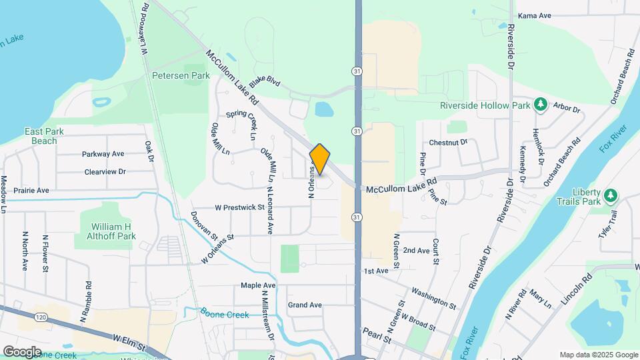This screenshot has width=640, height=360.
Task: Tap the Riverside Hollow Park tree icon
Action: (541, 105)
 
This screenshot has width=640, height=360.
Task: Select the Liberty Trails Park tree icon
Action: (611, 195)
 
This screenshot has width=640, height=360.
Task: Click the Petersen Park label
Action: (181, 75)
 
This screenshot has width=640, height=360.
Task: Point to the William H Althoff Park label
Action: (111, 231)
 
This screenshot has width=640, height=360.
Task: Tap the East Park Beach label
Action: (44, 136)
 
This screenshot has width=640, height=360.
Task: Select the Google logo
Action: (22, 351)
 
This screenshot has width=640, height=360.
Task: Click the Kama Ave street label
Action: (535, 15)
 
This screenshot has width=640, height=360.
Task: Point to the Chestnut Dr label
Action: (448, 142)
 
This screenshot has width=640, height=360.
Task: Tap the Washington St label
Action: (433, 297)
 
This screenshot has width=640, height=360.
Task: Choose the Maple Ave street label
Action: (258, 285)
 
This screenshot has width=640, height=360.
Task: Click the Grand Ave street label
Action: (305, 305)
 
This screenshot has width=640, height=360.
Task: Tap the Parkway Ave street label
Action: (103, 154)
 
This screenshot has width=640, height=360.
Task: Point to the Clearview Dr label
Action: (105, 171)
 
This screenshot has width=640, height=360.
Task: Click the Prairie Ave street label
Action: (31, 190)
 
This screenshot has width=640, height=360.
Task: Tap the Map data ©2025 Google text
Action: (597, 355)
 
